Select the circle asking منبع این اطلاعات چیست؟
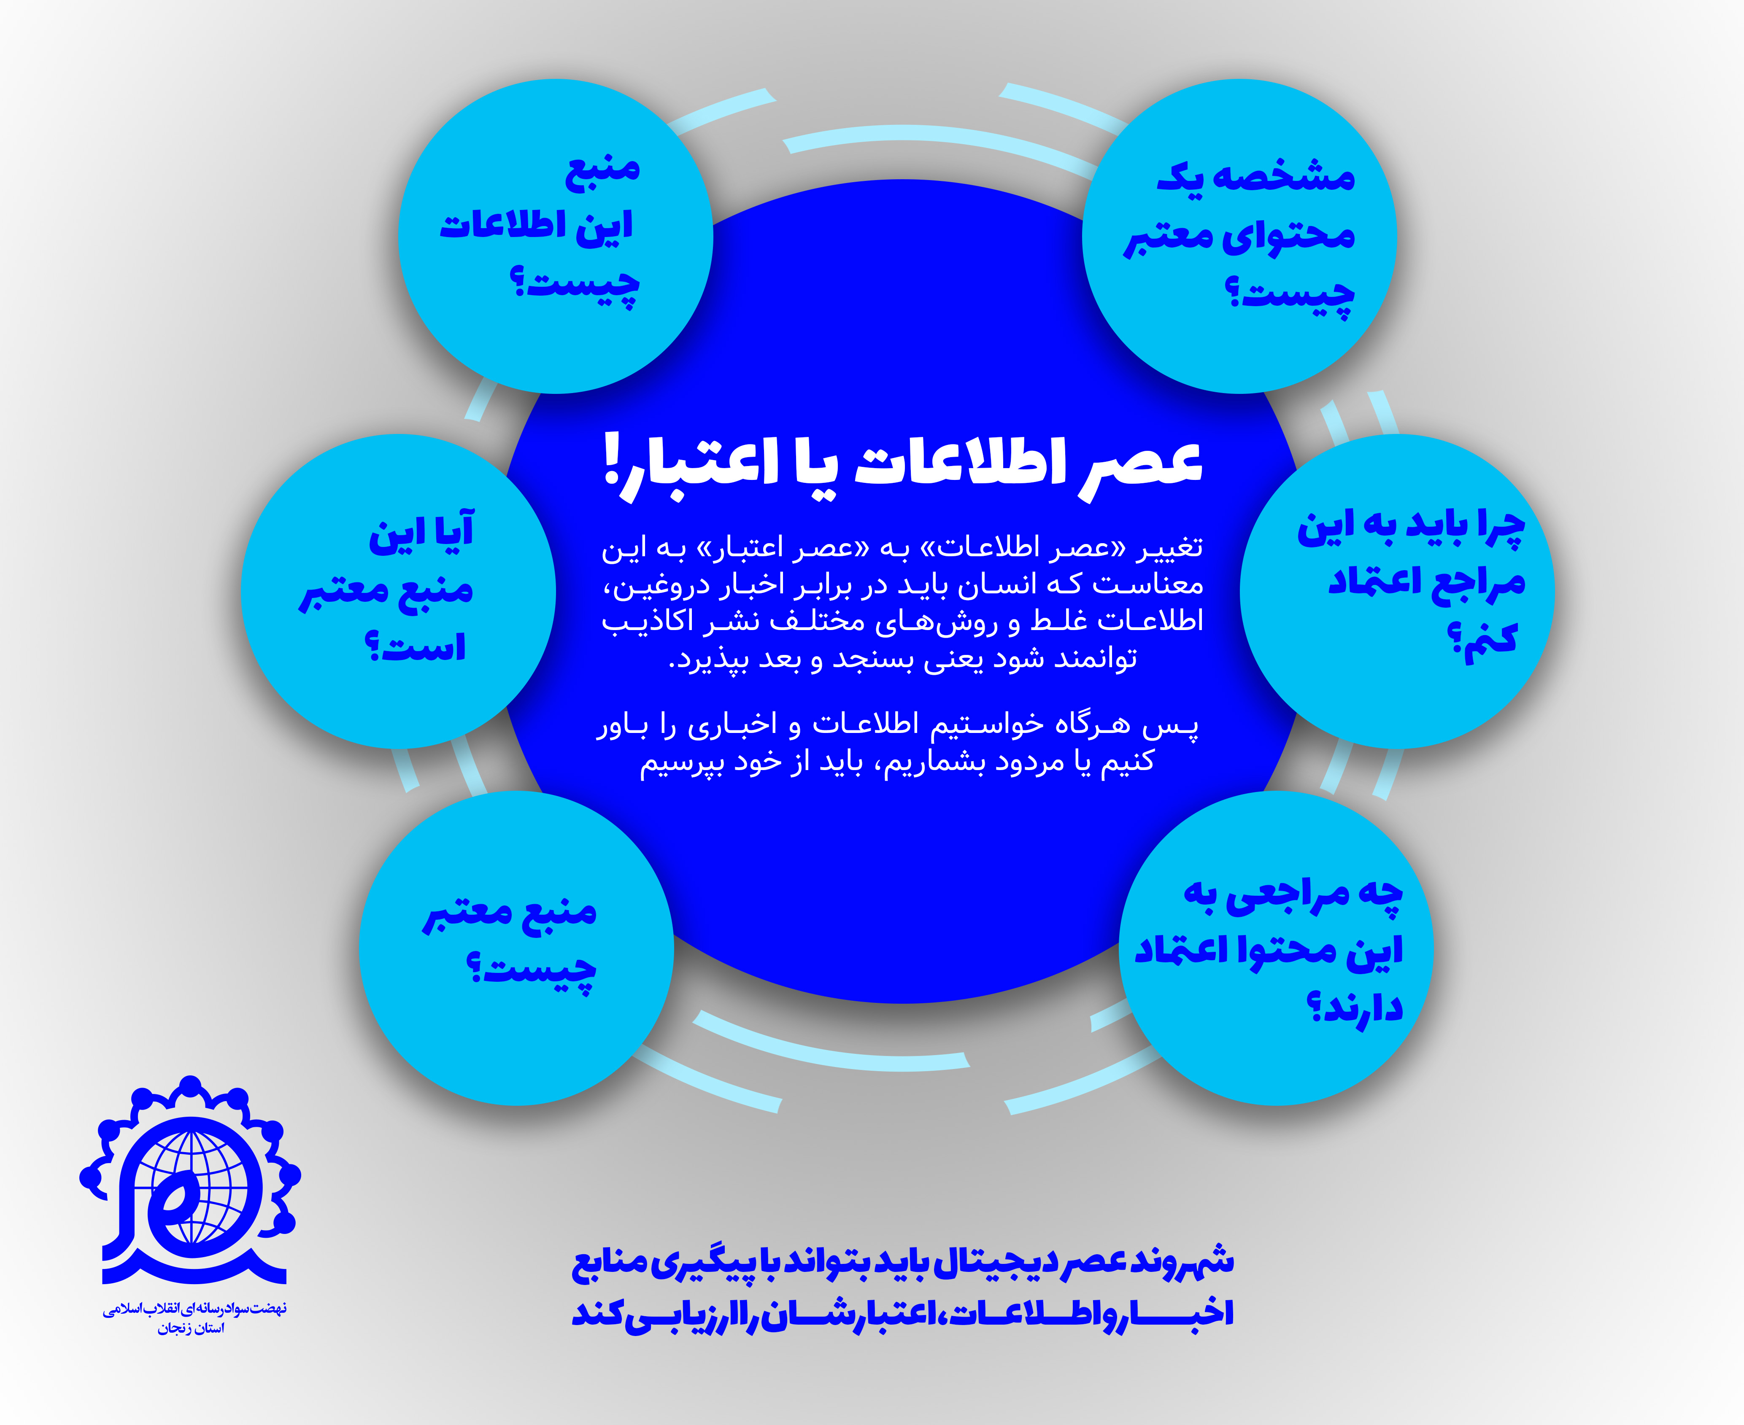[556, 237]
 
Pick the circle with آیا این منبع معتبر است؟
[398, 591]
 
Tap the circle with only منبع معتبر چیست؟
[516, 948]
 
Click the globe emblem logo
[191, 1180]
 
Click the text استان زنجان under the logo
[191, 1328]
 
